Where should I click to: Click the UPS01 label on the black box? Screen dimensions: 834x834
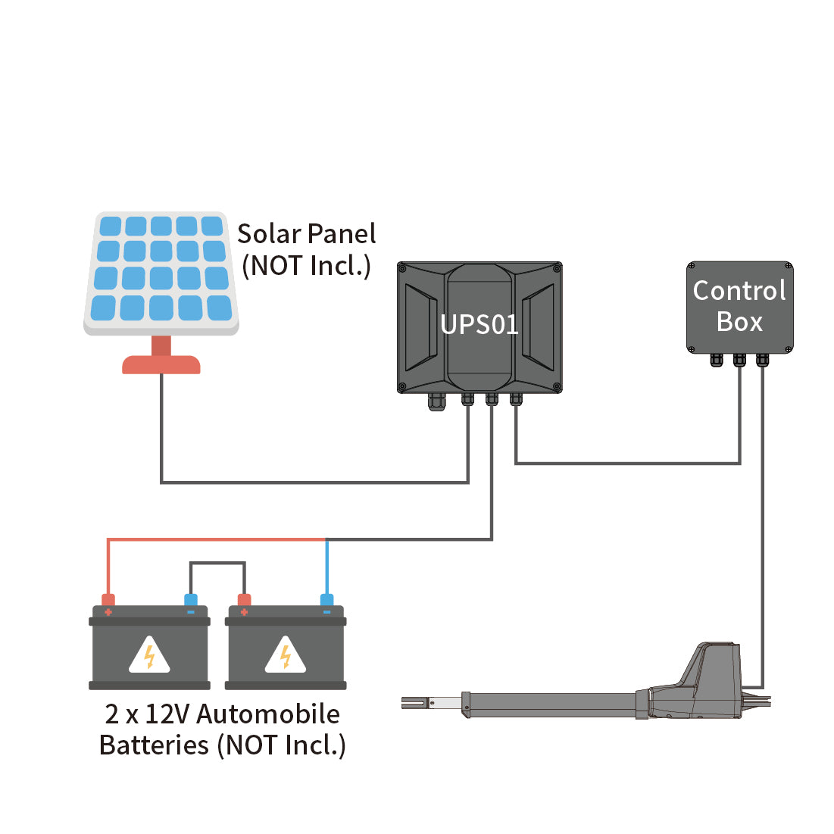click(479, 325)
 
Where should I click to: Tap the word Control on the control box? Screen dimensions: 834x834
click(739, 291)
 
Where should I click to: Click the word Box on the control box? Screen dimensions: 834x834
click(739, 322)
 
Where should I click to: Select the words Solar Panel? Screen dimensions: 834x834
click(306, 234)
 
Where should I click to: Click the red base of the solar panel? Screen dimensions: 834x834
click(161, 364)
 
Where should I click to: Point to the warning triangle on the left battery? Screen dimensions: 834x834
click(149, 656)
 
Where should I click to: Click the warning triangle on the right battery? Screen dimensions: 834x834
click(286, 656)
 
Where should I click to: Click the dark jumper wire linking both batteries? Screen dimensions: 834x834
click(217, 563)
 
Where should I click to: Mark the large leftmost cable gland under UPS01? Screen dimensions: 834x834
click(436, 401)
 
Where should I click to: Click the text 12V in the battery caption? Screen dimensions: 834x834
click(167, 714)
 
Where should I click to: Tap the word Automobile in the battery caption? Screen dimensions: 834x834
click(268, 714)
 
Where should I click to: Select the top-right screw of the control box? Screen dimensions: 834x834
click(788, 267)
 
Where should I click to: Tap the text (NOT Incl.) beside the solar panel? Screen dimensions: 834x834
click(306, 266)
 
